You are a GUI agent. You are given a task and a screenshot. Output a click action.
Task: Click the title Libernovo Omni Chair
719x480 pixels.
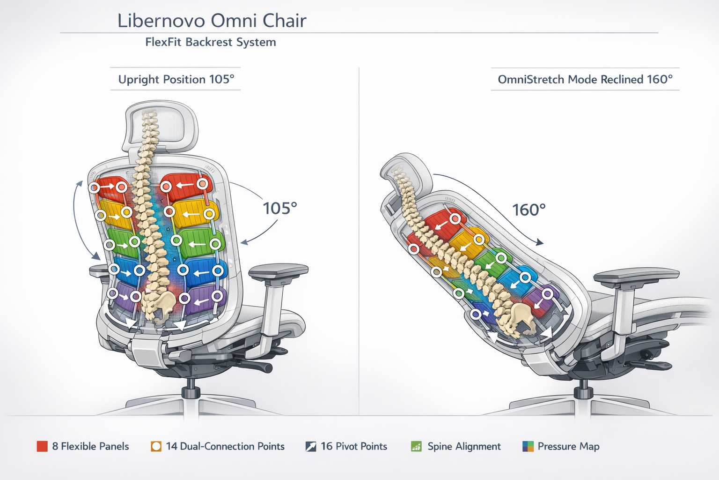click(x=212, y=21)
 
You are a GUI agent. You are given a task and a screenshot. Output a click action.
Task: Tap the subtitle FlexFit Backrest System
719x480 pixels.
click(x=210, y=42)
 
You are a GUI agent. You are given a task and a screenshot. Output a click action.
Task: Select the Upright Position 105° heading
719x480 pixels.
click(x=176, y=79)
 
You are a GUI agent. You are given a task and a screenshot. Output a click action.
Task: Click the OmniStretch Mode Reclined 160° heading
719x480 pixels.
click(x=585, y=79)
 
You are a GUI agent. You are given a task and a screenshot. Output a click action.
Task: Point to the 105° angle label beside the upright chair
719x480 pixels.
click(x=280, y=208)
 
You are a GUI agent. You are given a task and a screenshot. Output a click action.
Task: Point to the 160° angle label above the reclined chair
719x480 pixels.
click(x=529, y=210)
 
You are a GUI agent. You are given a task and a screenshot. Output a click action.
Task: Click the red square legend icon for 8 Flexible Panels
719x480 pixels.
click(x=42, y=446)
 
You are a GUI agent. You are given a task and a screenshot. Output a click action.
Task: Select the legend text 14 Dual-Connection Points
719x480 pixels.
click(x=225, y=446)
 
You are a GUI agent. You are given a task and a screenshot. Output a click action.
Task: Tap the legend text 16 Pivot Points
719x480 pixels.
click(x=354, y=446)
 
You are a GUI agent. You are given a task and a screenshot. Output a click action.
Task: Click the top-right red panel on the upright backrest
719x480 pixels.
click(x=187, y=186)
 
